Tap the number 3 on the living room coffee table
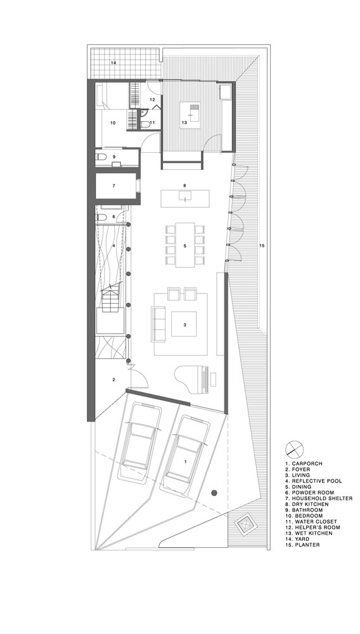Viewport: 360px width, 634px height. click(x=184, y=325)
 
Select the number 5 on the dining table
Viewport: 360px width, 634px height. click(x=184, y=245)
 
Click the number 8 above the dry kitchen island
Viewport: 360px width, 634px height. click(x=184, y=186)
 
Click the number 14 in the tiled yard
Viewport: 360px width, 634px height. click(x=114, y=63)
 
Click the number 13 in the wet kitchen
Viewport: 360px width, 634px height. click(x=184, y=122)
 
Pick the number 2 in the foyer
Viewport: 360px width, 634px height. click(x=113, y=380)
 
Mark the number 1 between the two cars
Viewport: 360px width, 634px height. click(x=184, y=461)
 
